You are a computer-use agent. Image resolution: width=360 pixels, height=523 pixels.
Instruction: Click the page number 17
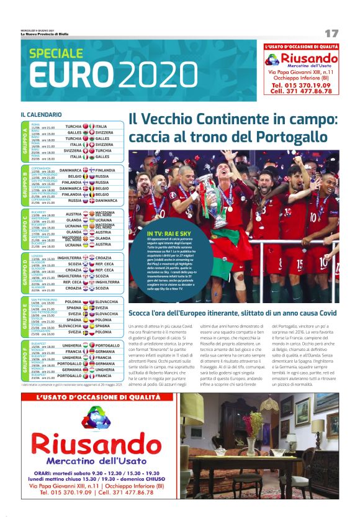point(331,32)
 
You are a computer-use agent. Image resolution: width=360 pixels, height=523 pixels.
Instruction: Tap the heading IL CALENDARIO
point(41,114)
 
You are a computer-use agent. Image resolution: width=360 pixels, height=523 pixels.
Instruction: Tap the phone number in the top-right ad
point(301,84)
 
